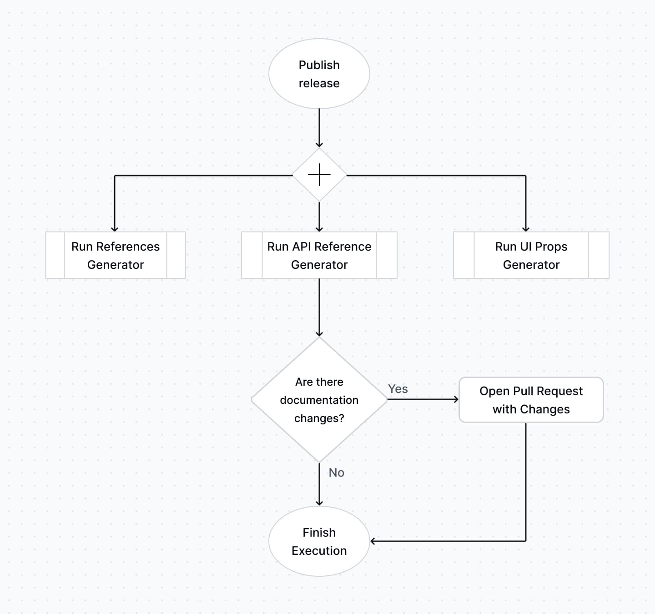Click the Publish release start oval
point(319,74)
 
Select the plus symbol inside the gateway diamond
point(319,175)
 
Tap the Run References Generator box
point(116,255)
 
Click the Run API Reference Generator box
point(319,255)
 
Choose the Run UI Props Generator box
point(531,255)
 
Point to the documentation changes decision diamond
point(319,400)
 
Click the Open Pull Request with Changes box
point(531,400)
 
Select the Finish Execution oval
point(319,541)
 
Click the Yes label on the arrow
point(398,389)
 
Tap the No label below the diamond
point(336,473)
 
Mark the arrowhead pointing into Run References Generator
point(115,229)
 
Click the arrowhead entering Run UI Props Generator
point(526,229)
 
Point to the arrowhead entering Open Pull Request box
point(455,399)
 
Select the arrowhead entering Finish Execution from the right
point(373,541)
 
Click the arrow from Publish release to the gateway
point(319,127)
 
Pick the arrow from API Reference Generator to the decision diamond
point(319,307)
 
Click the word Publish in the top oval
point(319,65)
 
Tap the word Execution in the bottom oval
point(319,551)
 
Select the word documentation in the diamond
point(319,400)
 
